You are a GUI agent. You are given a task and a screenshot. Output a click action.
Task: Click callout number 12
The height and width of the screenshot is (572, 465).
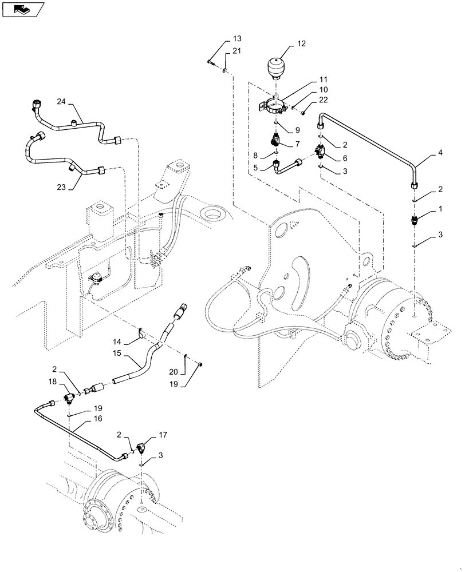(302, 43)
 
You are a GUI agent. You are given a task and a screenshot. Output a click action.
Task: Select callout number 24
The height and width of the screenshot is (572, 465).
(61, 102)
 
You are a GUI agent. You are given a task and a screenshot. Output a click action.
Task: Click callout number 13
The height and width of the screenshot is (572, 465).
(237, 38)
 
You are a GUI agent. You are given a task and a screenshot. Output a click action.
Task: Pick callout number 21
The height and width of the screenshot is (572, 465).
(237, 53)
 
